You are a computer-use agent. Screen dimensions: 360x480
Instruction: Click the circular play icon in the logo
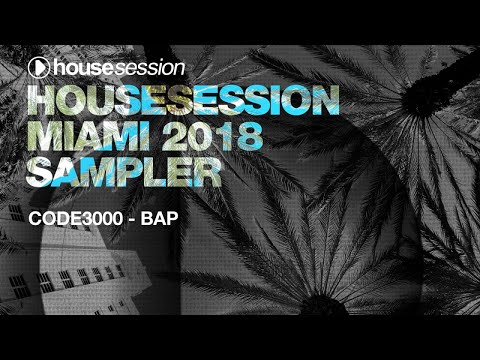pos(38,69)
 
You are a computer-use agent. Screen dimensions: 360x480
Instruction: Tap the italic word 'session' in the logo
pos(150,69)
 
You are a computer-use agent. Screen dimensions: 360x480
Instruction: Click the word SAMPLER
pos(125,172)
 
